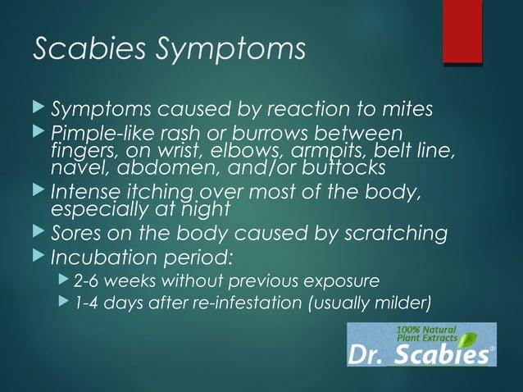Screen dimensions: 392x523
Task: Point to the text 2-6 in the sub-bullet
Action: (x=86, y=281)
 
